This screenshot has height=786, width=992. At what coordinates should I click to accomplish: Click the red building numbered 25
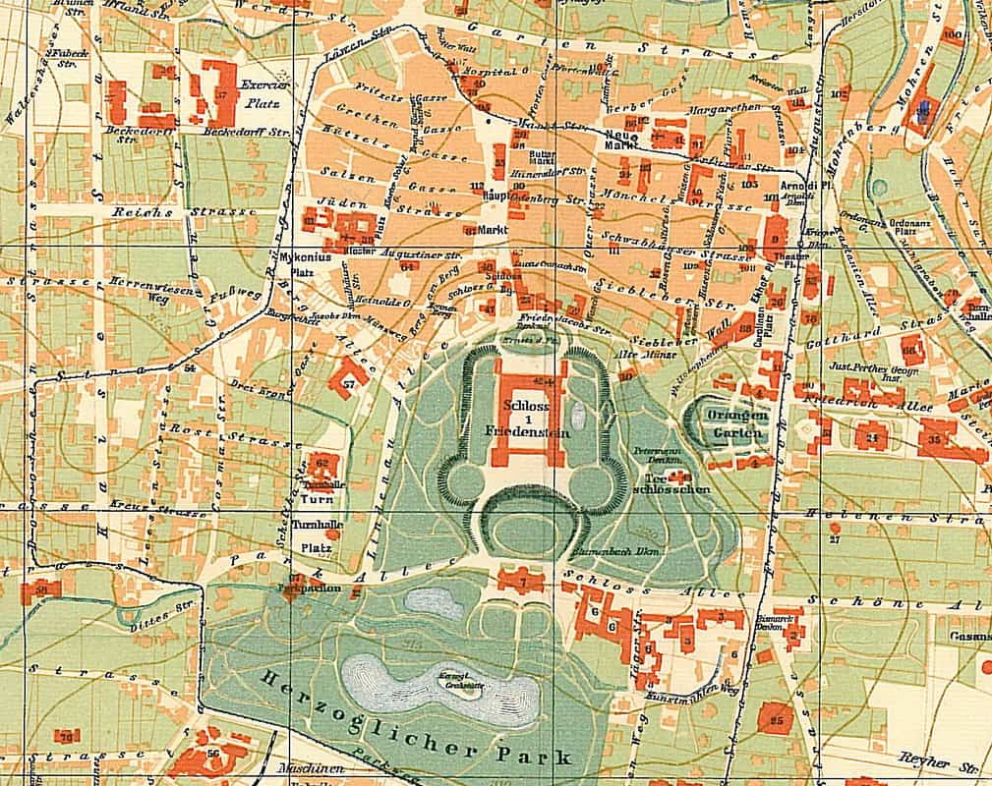click(777, 720)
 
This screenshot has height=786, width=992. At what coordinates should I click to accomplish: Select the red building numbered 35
click(944, 437)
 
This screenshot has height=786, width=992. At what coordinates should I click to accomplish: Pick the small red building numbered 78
click(67, 735)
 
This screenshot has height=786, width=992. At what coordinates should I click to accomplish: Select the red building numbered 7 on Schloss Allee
click(522, 581)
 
